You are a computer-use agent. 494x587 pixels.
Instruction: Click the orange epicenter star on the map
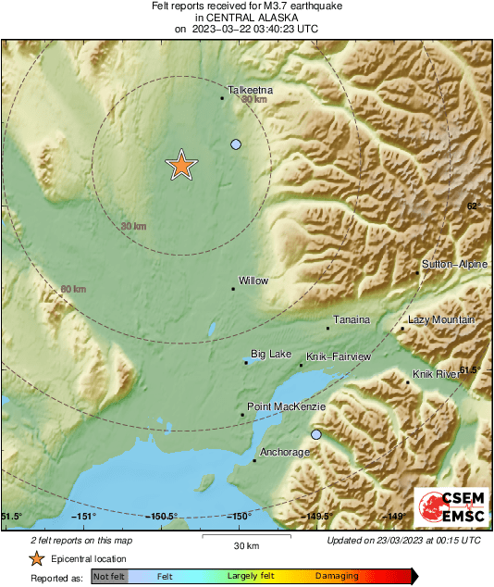click(181, 165)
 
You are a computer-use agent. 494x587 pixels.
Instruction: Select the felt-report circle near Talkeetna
click(236, 144)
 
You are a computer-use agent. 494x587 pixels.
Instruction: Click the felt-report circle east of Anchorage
click(316, 434)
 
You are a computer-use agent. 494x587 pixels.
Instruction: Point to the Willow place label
click(253, 280)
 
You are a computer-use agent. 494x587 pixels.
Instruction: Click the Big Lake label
click(271, 355)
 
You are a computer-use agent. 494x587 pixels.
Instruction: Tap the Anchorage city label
click(284, 452)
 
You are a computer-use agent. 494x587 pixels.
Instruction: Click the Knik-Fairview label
click(339, 356)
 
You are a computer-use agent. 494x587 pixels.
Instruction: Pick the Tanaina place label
click(352, 319)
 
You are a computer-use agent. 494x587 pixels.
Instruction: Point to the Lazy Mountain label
click(441, 319)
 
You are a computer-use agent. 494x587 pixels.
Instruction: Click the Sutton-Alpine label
click(454, 265)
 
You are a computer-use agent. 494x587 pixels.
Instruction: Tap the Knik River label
click(436, 374)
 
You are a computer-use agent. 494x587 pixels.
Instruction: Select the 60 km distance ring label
click(73, 290)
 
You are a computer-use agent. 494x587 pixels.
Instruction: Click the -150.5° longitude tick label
click(162, 517)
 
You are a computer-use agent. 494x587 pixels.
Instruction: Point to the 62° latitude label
click(474, 206)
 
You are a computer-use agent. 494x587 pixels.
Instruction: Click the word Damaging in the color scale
click(337, 576)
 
